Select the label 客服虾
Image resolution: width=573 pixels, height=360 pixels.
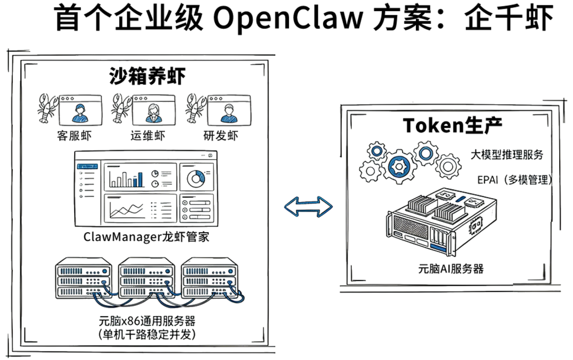pos(74,135)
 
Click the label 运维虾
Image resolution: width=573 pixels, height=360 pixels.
pos(147,135)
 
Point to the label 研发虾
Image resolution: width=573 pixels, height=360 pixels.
pos(221,135)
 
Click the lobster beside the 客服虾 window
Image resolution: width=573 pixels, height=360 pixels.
pos(47,108)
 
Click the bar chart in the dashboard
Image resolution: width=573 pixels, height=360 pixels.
pos(126,178)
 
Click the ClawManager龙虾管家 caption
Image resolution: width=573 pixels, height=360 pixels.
pos(146,236)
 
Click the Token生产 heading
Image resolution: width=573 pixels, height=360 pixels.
pos(453,125)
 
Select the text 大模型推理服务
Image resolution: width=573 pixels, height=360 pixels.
pos(507,155)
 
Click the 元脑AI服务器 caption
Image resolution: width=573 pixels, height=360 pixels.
pos(450,268)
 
